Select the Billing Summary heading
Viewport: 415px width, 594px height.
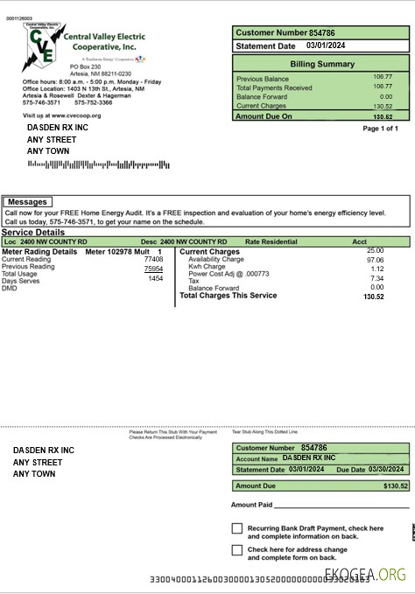point(321,65)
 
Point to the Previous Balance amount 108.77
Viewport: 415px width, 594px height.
point(382,77)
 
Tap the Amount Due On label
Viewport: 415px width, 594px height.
point(264,115)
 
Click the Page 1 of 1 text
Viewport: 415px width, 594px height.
point(380,129)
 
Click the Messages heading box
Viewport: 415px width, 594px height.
point(26,202)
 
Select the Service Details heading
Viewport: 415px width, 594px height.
point(33,233)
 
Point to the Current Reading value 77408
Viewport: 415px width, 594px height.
point(153,260)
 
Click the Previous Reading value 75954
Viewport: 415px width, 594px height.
point(153,269)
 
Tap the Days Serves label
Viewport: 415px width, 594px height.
point(20,280)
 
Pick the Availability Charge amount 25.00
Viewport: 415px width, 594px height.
point(375,251)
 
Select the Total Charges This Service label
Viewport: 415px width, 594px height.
point(228,296)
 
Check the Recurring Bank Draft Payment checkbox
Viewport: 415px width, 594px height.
point(237,528)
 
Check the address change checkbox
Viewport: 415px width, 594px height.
point(237,550)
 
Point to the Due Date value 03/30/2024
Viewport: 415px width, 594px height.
point(388,470)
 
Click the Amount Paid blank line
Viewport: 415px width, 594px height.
point(341,505)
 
